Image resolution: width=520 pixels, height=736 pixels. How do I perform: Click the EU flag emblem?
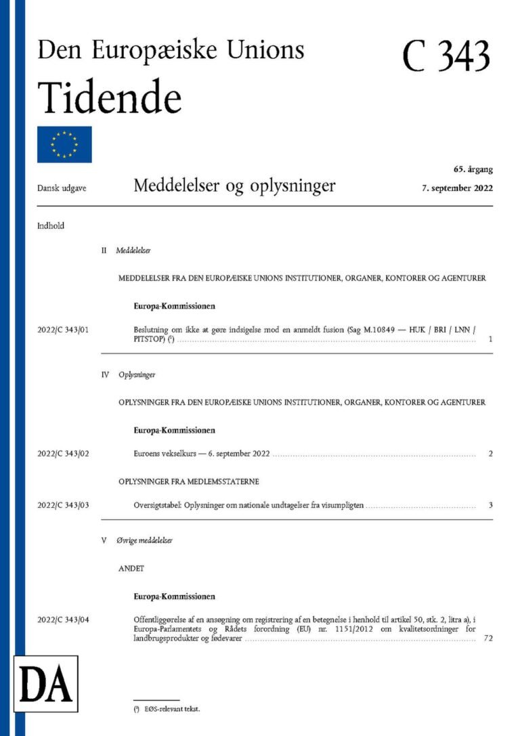click(64, 144)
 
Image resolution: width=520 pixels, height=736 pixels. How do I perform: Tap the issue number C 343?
click(446, 56)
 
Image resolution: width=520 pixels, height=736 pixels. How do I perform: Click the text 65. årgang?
click(473, 169)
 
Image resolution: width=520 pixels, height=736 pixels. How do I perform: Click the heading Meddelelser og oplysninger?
click(234, 185)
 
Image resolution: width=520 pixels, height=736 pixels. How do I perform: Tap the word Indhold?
click(51, 226)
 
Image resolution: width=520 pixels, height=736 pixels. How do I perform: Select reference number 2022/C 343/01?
click(63, 330)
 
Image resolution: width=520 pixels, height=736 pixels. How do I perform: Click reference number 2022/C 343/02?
click(63, 454)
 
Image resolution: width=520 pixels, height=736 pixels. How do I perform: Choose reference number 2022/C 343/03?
click(63, 506)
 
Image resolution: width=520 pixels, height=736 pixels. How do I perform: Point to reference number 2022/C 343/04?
click(63, 620)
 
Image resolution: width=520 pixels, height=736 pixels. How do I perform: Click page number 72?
click(489, 638)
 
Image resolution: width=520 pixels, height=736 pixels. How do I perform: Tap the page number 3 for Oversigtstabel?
click(490, 506)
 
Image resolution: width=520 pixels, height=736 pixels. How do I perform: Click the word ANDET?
click(132, 569)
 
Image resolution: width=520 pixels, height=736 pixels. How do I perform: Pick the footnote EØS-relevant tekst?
click(171, 709)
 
